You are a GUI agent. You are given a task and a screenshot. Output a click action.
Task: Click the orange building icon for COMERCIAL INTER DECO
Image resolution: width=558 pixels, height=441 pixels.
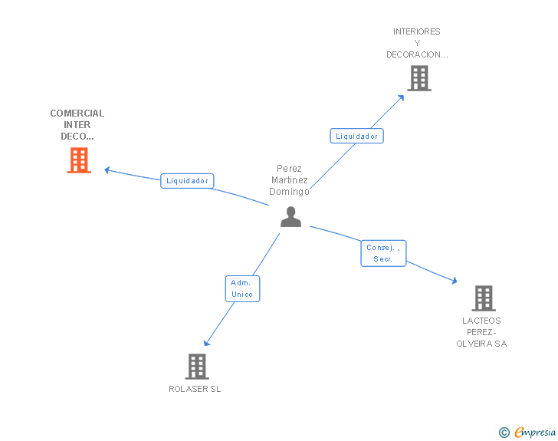click(79, 160)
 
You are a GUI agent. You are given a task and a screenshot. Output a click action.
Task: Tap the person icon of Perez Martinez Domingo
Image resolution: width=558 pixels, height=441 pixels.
click(290, 217)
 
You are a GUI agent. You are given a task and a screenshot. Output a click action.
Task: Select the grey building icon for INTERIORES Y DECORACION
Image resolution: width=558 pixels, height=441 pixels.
click(419, 78)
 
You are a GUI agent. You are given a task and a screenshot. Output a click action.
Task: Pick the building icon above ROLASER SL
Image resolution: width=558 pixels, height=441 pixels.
click(197, 366)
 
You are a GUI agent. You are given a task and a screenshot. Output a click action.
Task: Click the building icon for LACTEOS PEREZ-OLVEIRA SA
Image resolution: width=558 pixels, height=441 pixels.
click(483, 298)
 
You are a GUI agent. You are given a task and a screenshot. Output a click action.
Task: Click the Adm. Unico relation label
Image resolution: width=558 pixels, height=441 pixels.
click(242, 288)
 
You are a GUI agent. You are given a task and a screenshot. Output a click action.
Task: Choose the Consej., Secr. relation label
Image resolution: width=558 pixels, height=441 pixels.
click(383, 253)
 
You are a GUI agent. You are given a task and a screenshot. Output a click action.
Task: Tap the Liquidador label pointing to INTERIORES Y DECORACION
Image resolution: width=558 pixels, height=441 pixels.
click(356, 136)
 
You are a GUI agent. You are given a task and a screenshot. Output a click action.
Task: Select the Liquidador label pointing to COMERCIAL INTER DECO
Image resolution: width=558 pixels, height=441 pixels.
click(187, 181)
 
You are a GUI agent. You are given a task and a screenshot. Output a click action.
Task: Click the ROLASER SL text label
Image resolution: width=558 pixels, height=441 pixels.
click(195, 389)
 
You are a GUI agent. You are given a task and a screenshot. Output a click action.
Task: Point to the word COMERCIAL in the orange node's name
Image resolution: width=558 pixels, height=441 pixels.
click(77, 114)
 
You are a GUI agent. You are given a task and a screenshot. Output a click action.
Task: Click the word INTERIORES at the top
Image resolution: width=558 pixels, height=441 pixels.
click(417, 32)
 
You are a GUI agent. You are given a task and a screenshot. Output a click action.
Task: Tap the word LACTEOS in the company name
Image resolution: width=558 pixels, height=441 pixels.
click(481, 321)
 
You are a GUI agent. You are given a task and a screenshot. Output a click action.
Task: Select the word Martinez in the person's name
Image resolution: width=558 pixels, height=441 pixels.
click(289, 180)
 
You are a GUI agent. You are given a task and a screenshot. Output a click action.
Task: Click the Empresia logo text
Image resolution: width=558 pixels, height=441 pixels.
click(535, 433)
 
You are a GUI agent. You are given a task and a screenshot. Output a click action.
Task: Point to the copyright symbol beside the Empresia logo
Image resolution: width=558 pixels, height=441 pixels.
click(504, 433)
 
